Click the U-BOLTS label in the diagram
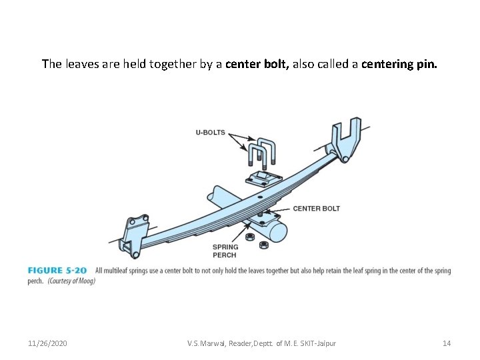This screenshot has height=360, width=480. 210,132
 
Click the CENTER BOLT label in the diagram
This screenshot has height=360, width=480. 316,209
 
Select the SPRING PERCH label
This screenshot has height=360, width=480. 225,251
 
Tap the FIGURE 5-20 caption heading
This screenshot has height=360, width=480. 57,271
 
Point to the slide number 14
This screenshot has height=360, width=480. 447,343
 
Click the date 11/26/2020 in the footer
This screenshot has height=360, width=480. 47,343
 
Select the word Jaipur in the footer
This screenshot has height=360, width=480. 325,343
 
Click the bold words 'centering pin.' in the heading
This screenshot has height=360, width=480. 399,64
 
